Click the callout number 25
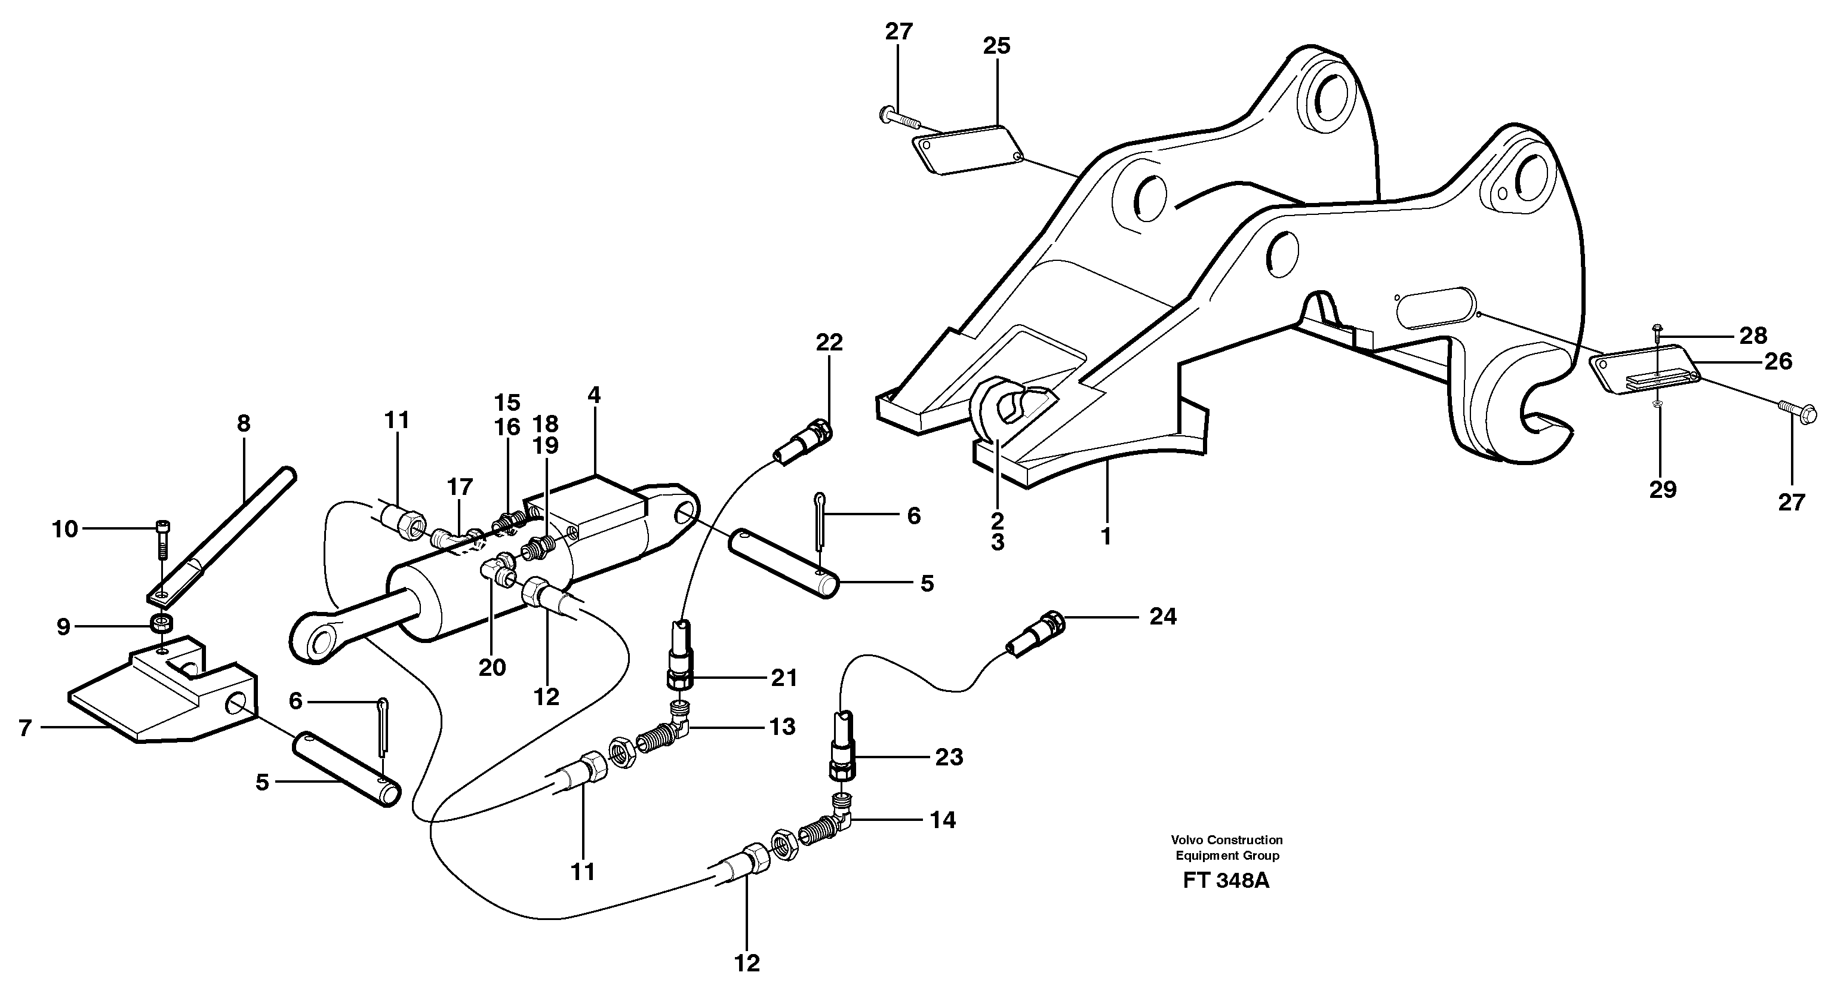996,46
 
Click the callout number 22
829,343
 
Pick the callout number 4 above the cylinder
593,395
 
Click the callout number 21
783,678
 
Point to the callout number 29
1663,489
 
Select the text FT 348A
1226,881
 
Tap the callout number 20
491,667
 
